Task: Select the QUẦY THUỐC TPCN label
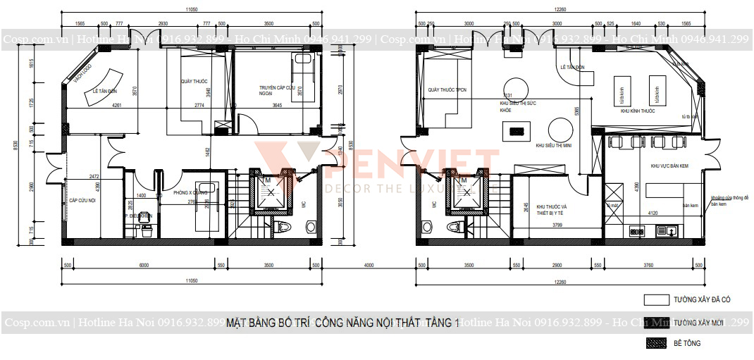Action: [x=447, y=90]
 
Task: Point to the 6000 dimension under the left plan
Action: [x=144, y=266]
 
